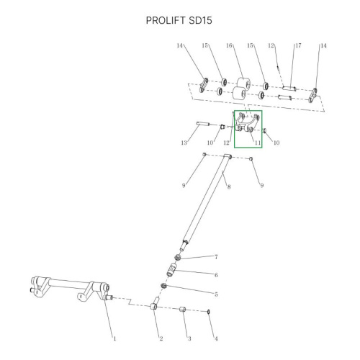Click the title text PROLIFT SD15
pyautogui.click(x=179, y=20)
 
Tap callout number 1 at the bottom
pyautogui.click(x=114, y=338)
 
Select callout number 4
pyautogui.click(x=216, y=338)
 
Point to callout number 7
pyautogui.click(x=216, y=257)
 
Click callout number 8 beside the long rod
pyautogui.click(x=229, y=186)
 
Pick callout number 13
pyautogui.click(x=184, y=143)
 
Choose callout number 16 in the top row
pyautogui.click(x=229, y=45)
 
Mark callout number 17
pyautogui.click(x=298, y=45)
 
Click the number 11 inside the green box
pyautogui.click(x=258, y=143)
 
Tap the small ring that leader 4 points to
pyautogui.click(x=209, y=312)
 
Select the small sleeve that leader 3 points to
pyautogui.click(x=182, y=309)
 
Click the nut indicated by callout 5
pyautogui.click(x=163, y=286)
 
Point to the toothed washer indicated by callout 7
pyautogui.click(x=178, y=257)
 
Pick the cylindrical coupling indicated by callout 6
pyautogui.click(x=172, y=270)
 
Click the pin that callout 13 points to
pyautogui.click(x=203, y=124)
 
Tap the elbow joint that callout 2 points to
pyautogui.click(x=154, y=304)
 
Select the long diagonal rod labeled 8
pyautogui.click(x=206, y=202)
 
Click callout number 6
pyautogui.click(x=216, y=275)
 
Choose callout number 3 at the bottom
pyautogui.click(x=189, y=338)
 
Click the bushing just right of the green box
pyautogui.click(x=266, y=131)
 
